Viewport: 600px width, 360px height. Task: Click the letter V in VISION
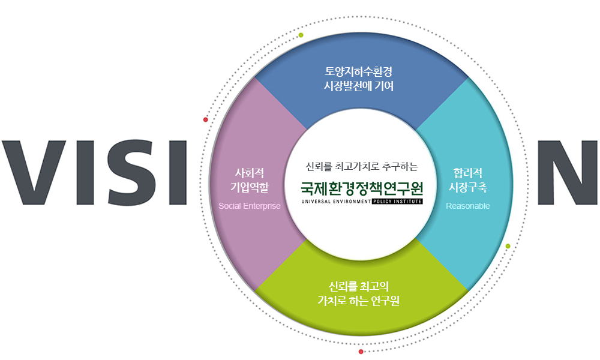pyautogui.click(x=34, y=172)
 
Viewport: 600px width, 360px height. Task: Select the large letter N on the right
pyautogui.click(x=568, y=172)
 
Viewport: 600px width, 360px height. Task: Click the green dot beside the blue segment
pyautogui.click(x=301, y=35)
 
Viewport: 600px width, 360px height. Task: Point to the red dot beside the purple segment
pyautogui.click(x=205, y=120)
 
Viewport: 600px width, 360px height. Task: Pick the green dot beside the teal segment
pyautogui.click(x=508, y=246)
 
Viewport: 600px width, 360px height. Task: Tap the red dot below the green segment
pyautogui.click(x=361, y=352)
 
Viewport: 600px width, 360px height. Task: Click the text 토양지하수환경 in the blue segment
pyautogui.click(x=359, y=71)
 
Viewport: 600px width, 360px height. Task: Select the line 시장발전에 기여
pyautogui.click(x=359, y=86)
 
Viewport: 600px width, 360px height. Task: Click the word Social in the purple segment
pyautogui.click(x=230, y=206)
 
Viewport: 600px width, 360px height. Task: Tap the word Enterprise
pyautogui.click(x=262, y=206)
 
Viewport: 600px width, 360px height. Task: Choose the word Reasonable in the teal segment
pyautogui.click(x=467, y=206)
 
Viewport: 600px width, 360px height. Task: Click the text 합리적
pyautogui.click(x=467, y=173)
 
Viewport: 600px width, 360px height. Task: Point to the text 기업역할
pyautogui.click(x=250, y=187)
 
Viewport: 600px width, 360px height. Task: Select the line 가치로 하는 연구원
pyautogui.click(x=359, y=301)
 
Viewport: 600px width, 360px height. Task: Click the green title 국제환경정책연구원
pyautogui.click(x=362, y=188)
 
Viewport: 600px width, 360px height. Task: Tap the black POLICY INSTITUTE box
pyautogui.click(x=397, y=202)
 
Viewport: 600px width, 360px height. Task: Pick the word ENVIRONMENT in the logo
pyautogui.click(x=352, y=202)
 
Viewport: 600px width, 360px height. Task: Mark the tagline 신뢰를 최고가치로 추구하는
pyautogui.click(x=362, y=166)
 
